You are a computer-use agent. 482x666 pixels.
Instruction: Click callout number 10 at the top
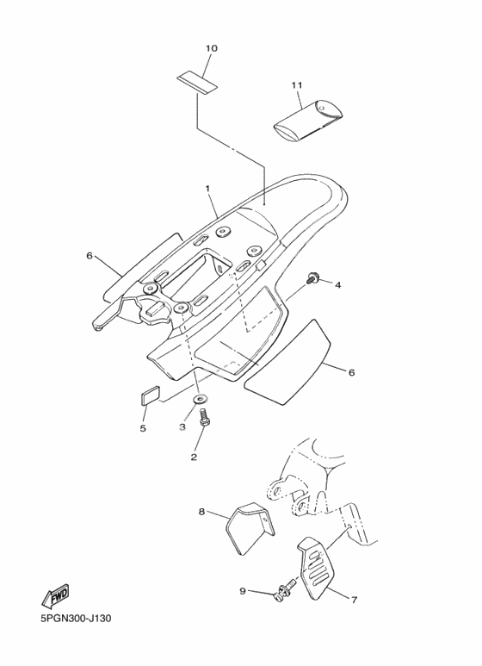(211, 48)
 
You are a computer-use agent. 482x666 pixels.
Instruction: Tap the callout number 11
(297, 85)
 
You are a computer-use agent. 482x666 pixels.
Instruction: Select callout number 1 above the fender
(208, 188)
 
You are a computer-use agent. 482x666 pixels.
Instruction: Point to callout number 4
(337, 285)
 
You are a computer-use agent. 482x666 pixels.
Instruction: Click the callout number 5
(143, 428)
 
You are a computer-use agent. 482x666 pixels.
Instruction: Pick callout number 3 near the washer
(182, 426)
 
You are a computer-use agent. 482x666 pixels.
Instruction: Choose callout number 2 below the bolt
(194, 457)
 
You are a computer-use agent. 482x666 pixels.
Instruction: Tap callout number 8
(201, 512)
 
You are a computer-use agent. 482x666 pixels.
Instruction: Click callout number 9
(243, 591)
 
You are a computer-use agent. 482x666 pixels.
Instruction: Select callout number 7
(354, 600)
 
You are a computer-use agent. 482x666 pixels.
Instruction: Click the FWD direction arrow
(55, 598)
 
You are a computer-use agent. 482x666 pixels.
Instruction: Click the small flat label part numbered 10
(197, 84)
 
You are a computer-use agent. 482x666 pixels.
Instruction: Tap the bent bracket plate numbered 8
(249, 528)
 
